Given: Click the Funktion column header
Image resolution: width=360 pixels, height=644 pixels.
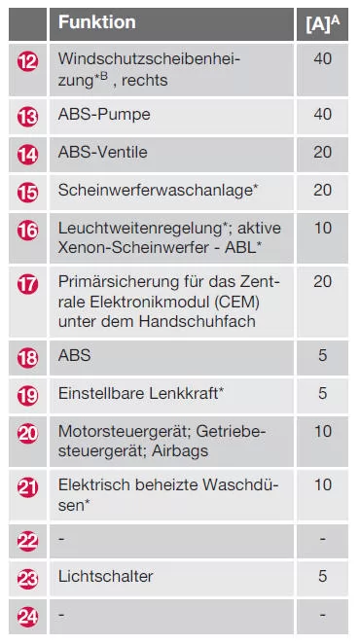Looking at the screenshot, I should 97,21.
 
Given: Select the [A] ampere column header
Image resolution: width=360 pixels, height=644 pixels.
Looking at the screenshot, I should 322,21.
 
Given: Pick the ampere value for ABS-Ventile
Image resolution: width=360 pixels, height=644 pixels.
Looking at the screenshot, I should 323,152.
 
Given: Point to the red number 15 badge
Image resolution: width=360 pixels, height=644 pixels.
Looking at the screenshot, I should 28,192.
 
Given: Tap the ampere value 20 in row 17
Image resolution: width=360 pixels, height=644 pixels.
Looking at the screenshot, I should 323,281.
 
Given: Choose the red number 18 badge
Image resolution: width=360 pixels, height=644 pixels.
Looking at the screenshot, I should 28,357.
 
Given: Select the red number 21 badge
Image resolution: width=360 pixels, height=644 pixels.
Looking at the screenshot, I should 28,486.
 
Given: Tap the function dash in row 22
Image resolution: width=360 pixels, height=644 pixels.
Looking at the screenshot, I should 61,537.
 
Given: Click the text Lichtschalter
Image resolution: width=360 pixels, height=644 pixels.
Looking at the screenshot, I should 105,577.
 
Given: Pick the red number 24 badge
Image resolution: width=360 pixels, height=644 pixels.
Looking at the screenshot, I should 28,615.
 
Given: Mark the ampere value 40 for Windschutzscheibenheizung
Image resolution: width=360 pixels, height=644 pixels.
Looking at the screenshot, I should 323,59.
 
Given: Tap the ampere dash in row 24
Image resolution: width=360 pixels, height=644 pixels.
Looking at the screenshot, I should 323,615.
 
